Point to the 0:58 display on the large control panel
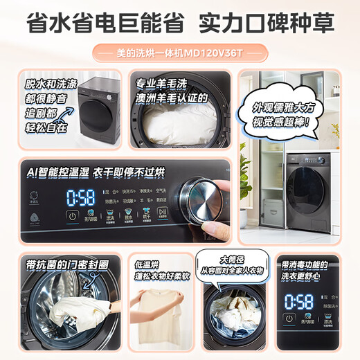pyautogui.click(x=80, y=196)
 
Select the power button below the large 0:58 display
pyautogui.click(x=71, y=217)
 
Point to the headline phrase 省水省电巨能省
pyautogui.click(x=103, y=23)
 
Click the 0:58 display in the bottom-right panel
pyautogui.click(x=299, y=301)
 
